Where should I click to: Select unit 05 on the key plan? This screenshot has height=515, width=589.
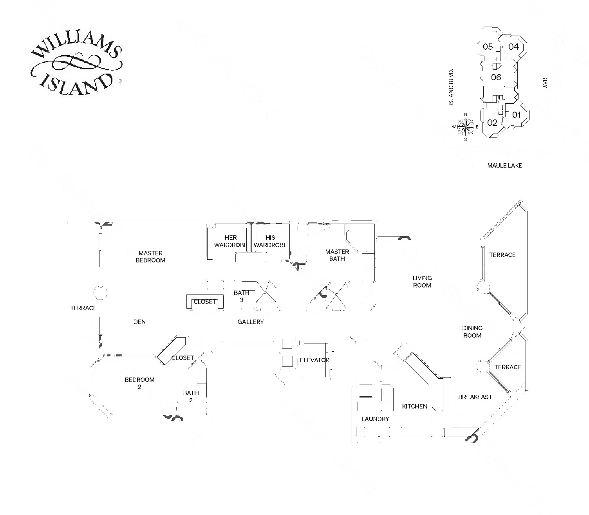488,47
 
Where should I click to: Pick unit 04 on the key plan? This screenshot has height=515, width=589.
513,47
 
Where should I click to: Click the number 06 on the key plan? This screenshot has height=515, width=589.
496,77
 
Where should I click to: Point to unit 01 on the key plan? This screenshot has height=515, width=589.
516,115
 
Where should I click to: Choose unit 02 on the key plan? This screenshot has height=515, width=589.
492,123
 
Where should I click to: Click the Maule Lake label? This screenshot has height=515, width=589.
504,166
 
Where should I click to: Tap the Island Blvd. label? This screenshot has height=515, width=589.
451,87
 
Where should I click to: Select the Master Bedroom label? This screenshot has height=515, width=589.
150,257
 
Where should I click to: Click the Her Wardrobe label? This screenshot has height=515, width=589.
231,241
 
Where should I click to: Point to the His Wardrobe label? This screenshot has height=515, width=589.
270,241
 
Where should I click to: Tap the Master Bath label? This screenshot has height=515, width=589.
337,255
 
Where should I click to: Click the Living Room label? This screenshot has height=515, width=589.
422,282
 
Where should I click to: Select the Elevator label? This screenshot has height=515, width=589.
314,360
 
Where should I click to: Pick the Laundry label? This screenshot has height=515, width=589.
375,419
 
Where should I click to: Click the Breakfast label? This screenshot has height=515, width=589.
475,397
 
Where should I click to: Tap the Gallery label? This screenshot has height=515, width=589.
251,322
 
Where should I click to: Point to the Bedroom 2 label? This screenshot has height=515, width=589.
139,383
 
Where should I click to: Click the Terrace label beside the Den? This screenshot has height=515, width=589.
83,308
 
